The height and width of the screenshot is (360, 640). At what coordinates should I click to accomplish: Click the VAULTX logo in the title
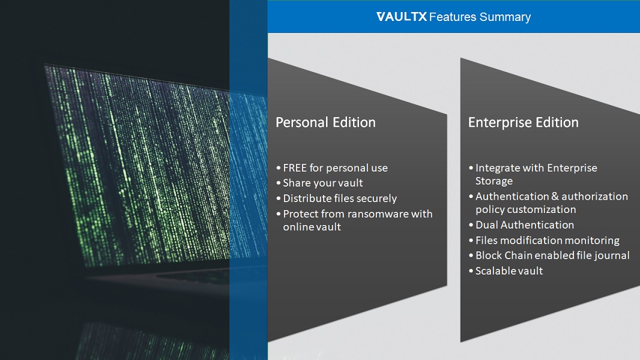point(402,17)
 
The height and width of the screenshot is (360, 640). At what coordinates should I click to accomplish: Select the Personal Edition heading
point(326,122)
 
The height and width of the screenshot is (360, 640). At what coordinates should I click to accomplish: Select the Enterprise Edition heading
point(524,122)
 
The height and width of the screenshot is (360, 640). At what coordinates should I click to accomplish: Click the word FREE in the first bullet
point(295,168)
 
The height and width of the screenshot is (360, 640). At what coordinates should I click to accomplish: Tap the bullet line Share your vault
point(323,183)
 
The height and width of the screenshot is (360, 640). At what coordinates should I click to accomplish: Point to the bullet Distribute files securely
point(340,199)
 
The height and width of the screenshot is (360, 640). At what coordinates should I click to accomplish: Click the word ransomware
point(378,214)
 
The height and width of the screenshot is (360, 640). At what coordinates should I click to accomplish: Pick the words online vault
point(312,227)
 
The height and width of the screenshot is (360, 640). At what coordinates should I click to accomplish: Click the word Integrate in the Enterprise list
point(498,168)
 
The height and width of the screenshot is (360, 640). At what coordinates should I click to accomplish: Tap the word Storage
point(494,181)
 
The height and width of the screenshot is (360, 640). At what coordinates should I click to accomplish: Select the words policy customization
point(526,209)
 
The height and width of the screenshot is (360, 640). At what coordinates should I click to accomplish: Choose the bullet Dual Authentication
point(525,225)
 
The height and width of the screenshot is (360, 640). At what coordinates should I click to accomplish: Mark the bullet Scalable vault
point(509,271)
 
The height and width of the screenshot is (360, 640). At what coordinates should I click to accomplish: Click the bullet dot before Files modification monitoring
point(471,241)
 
